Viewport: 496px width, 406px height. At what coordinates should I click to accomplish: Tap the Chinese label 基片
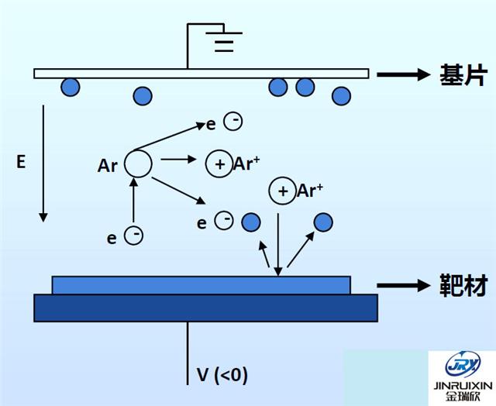coord(461,75)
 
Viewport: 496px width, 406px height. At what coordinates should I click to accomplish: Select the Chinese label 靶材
coord(461,286)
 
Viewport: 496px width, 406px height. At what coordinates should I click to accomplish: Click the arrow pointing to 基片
coord(402,74)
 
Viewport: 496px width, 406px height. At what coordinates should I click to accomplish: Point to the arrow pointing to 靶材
coord(402,286)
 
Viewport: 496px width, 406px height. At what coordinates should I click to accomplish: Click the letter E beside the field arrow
coord(21,161)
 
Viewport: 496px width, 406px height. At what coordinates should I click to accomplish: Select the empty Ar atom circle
coord(138,163)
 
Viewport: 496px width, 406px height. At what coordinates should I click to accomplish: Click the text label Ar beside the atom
coord(108,165)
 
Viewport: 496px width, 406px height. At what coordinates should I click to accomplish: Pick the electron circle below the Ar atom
coord(134,236)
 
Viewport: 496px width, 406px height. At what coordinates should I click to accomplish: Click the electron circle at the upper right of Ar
coord(232,121)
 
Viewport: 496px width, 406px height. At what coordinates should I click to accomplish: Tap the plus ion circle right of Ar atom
coord(219,163)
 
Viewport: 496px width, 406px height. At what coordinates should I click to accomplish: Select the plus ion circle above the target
coord(281,191)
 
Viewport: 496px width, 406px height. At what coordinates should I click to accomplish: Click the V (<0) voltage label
coord(222,376)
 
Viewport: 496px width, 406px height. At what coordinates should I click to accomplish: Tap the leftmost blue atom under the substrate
coord(71,87)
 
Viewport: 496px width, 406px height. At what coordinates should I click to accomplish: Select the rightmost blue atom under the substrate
coord(341,95)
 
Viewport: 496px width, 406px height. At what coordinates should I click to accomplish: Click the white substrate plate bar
coord(201,74)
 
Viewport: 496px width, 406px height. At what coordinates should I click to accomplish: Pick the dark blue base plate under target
coord(205,308)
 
